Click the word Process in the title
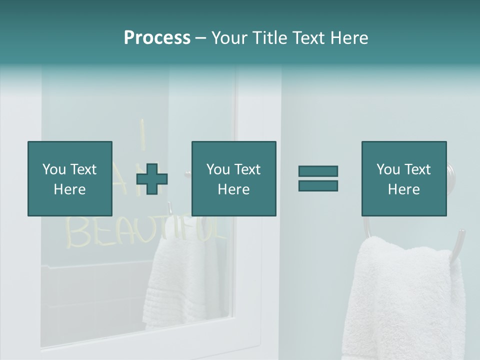pyautogui.click(x=157, y=38)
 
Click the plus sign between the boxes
pyautogui.click(x=152, y=178)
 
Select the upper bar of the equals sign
pyautogui.click(x=318, y=171)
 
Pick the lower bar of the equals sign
pyautogui.click(x=318, y=185)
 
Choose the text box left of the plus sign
pyautogui.click(x=69, y=178)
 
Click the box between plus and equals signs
pyautogui.click(x=233, y=178)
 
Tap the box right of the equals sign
pyautogui.click(x=403, y=178)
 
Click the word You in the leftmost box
pyautogui.click(x=54, y=169)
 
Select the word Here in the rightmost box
pyautogui.click(x=403, y=189)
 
